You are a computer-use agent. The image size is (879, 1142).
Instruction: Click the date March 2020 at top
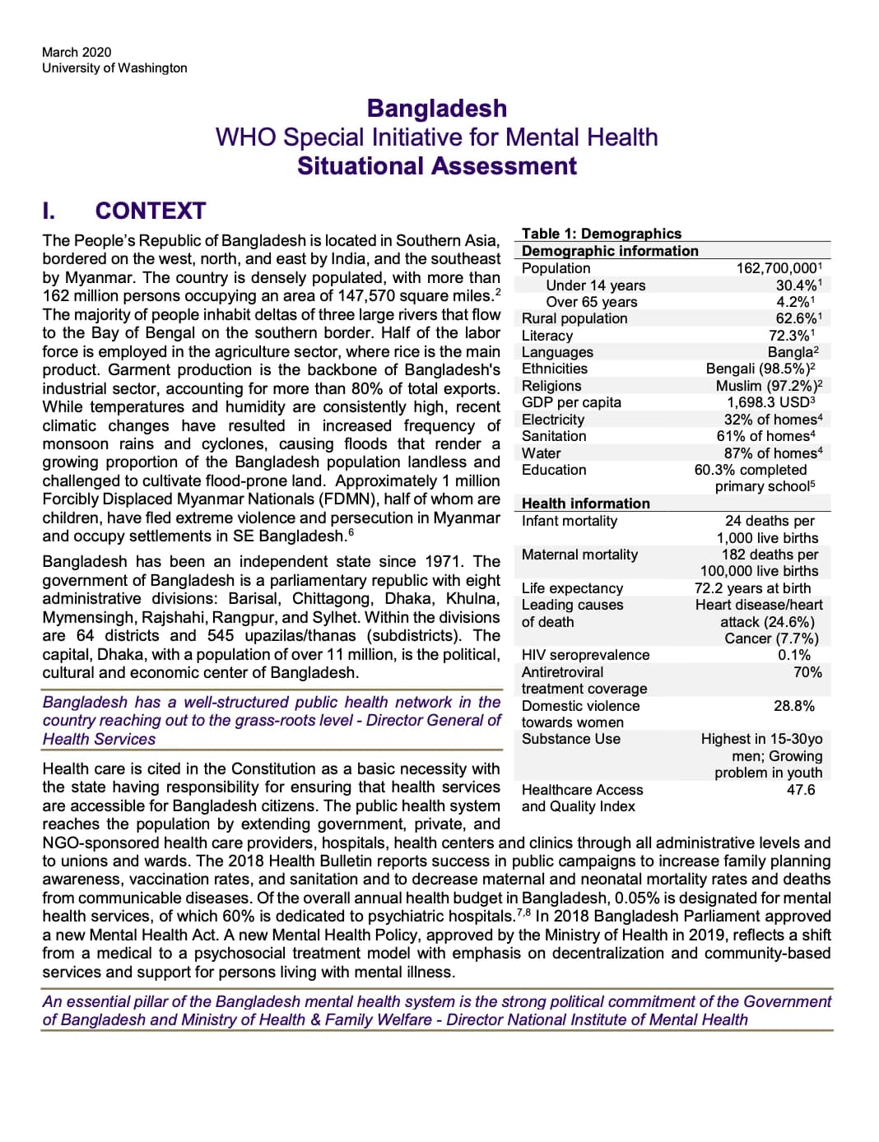(77, 52)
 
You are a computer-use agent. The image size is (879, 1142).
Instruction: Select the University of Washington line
(114, 68)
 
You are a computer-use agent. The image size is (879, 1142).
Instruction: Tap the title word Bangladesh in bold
(436, 109)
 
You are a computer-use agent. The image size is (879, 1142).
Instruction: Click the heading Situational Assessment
(436, 166)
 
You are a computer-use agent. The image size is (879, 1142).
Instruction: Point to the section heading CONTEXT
(150, 211)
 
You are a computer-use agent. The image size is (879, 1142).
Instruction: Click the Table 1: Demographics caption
(601, 234)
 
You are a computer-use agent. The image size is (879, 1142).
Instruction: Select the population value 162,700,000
(778, 268)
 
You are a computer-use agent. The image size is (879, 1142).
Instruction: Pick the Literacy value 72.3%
(791, 336)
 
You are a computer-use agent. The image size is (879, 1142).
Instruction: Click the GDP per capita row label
(571, 402)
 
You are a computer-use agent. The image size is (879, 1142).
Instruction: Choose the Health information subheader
(585, 504)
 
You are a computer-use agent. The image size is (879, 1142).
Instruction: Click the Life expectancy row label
(572, 588)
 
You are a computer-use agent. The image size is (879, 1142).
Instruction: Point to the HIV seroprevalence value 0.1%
(794, 655)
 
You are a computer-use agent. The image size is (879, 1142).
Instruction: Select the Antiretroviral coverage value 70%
(807, 672)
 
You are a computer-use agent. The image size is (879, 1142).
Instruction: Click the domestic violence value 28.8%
(793, 706)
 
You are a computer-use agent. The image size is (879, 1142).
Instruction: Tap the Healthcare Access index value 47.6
(800, 790)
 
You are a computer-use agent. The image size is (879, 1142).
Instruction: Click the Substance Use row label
(570, 739)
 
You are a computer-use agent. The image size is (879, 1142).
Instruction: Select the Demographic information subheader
(610, 251)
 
